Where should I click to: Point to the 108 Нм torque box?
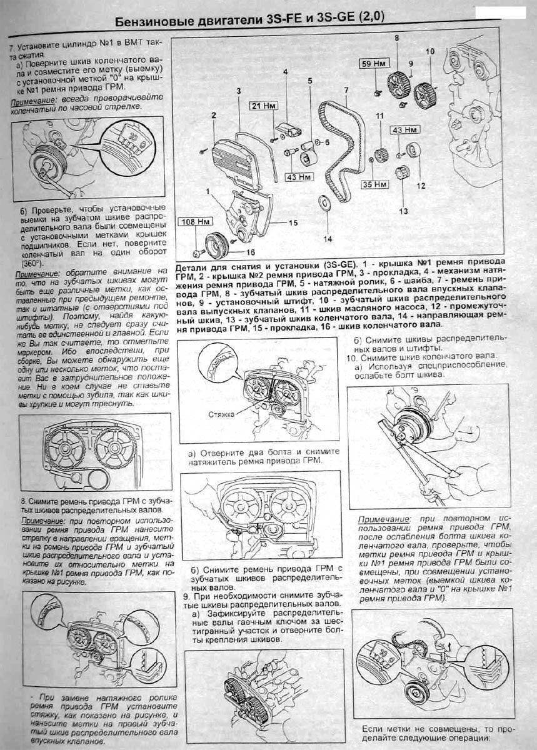point(196,221)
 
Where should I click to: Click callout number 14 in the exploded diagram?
point(328,237)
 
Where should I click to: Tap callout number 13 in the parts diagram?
point(403,211)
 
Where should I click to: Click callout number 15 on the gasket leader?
point(293,222)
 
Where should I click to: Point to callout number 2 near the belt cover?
point(213,115)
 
